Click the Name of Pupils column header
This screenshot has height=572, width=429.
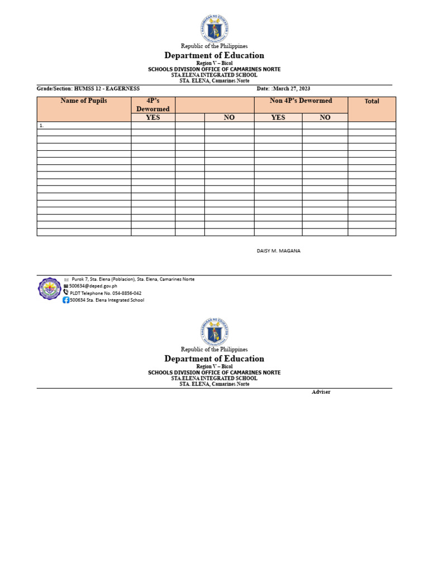[x=84, y=101]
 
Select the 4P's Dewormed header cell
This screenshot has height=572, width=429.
[x=152, y=104]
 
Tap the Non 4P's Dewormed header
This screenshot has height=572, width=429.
[x=301, y=101]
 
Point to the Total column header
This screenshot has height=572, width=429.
[x=371, y=102]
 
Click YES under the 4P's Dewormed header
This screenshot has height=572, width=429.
[x=152, y=118]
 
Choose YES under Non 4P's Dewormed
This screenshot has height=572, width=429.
[x=278, y=118]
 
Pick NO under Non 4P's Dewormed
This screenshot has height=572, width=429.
[x=325, y=118]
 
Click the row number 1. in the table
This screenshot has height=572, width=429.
[x=42, y=126]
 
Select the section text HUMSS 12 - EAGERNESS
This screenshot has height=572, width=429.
[x=107, y=89]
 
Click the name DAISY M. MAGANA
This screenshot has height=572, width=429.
[x=278, y=251]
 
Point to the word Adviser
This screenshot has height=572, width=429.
[x=321, y=392]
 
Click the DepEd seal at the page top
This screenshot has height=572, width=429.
[x=214, y=28]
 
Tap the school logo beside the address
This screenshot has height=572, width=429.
[x=49, y=289]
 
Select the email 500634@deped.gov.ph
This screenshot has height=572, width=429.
[x=93, y=285]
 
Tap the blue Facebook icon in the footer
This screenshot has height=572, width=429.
[x=66, y=300]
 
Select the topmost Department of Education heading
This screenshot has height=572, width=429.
[x=214, y=55]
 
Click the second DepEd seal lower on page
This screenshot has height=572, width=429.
[x=214, y=332]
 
